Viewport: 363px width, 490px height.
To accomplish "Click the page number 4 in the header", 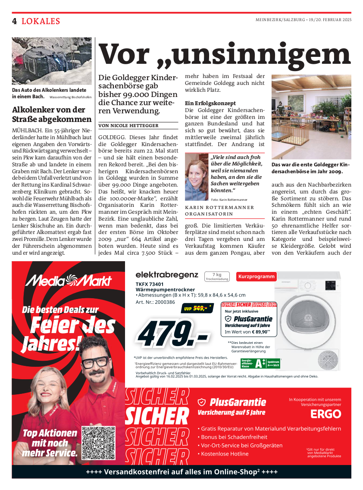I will tap(15, 21).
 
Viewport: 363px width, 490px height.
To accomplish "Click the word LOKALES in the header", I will tap(41, 21).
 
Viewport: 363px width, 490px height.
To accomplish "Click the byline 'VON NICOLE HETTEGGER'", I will tap(128, 125).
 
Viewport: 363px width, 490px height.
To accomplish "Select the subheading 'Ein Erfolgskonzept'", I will tap(210, 103).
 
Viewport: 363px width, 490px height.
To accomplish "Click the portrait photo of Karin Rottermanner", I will tap(197, 177).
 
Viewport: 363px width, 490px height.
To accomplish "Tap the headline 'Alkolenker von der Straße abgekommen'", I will tap(52, 114).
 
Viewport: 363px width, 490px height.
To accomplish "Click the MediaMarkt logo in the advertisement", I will tap(69, 281).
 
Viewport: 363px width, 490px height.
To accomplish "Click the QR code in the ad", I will tap(99, 443).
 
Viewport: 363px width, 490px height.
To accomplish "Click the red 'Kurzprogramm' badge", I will tap(257, 277).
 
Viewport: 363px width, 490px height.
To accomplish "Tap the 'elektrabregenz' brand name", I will tap(167, 275).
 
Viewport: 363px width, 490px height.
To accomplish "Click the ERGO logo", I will tap(325, 414).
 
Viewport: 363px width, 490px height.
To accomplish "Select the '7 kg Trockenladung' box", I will tap(217, 277).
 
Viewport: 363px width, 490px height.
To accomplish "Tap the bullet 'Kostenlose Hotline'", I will tap(225, 454).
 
